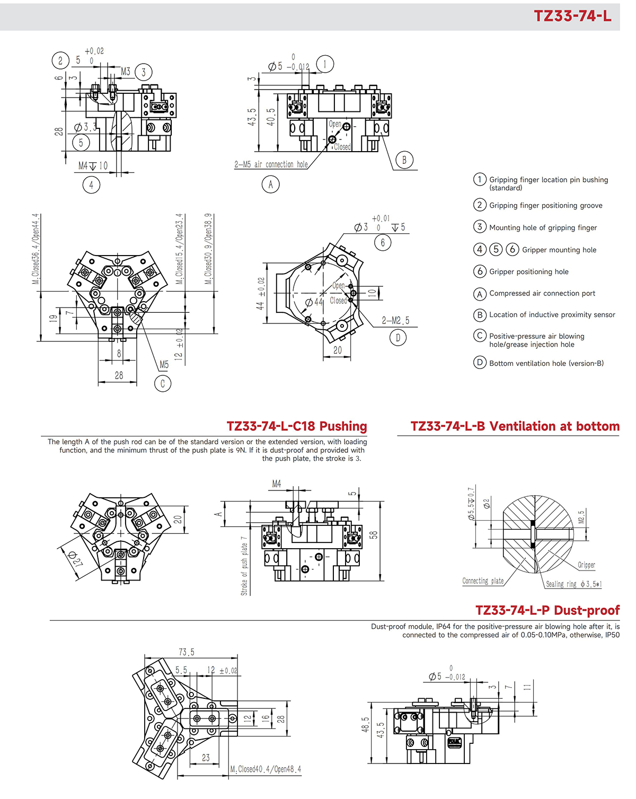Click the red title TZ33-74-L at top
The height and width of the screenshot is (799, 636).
pos(572,16)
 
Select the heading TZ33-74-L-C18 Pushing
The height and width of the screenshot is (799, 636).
pos(296,426)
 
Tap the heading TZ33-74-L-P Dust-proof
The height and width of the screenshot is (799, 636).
pos(547,610)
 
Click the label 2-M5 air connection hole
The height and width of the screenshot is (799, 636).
pos(271,165)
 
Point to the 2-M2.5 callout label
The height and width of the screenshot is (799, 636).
pos(395,321)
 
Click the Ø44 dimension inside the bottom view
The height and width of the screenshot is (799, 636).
pos(314,302)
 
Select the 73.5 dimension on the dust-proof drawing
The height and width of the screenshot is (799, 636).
pos(186,652)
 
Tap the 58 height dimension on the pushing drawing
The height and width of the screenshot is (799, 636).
pos(374,534)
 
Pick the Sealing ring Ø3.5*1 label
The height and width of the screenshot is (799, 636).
pos(573,584)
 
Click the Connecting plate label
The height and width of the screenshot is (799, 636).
pos(482,581)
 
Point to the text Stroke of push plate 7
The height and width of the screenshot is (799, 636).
pos(244,566)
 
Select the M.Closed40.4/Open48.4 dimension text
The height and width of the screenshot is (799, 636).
pos(266,769)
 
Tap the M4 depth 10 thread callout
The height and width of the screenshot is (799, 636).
pos(93,166)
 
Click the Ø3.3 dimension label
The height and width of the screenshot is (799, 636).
pos(85,127)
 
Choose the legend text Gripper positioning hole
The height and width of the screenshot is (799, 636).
pos(528,271)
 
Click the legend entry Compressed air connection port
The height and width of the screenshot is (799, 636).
pos(542,293)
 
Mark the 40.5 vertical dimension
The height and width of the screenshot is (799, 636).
pos(271,117)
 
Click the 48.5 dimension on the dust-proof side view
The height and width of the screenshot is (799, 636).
pos(365,725)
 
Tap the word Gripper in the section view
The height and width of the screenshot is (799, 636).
pos(586,565)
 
